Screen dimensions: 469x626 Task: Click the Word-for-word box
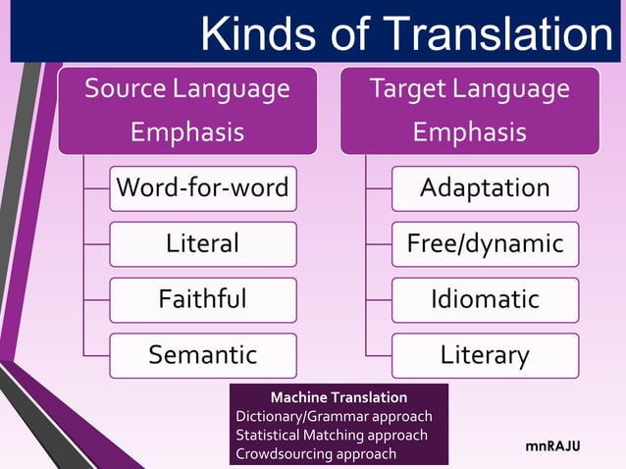(202, 188)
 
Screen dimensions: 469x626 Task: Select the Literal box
(202, 243)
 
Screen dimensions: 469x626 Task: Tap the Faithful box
(202, 299)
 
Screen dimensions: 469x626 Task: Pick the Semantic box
(202, 354)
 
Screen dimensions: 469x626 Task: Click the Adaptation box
(485, 188)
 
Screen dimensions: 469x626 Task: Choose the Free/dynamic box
(485, 243)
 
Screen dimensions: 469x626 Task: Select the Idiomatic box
(485, 299)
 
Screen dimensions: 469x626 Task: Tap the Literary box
(485, 354)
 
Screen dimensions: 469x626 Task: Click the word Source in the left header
(125, 89)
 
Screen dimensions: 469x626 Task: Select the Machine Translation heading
(339, 397)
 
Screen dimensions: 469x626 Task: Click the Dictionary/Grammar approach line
(334, 416)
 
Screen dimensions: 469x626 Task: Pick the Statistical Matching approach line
(332, 435)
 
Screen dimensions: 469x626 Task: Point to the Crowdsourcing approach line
(316, 453)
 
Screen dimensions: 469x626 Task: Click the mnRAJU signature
(552, 446)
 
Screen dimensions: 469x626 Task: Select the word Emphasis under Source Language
(187, 131)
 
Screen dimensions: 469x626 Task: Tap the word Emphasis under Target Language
(469, 131)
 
